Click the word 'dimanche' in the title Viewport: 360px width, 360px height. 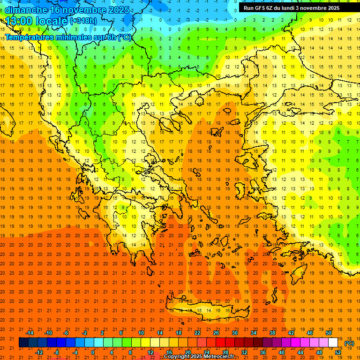[26, 9]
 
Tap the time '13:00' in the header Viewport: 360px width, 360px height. [19, 21]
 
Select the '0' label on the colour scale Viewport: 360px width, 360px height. [93, 352]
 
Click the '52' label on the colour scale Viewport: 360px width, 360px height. [337, 352]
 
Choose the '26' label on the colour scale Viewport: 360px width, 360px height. [216, 333]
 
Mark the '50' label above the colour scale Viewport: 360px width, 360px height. [328, 333]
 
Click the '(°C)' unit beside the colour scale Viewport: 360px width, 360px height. [349, 343]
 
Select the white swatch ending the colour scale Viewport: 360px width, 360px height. [333, 343]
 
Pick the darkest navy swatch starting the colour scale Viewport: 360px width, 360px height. [23, 343]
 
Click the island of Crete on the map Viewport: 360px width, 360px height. [206, 310]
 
